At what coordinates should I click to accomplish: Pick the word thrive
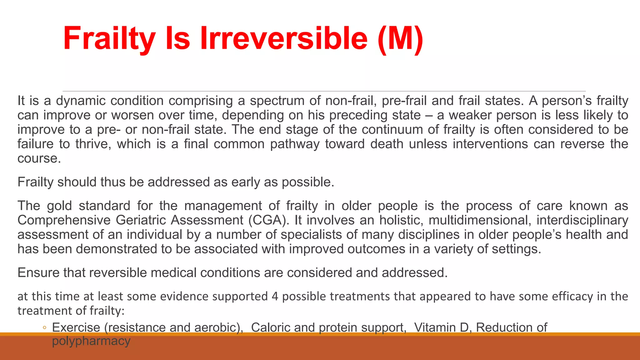click(x=93, y=144)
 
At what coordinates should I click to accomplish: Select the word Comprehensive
click(x=64, y=220)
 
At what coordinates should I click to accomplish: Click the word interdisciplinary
click(x=582, y=220)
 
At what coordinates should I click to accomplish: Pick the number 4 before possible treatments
click(x=275, y=296)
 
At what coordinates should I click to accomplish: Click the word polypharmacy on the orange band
click(x=91, y=341)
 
